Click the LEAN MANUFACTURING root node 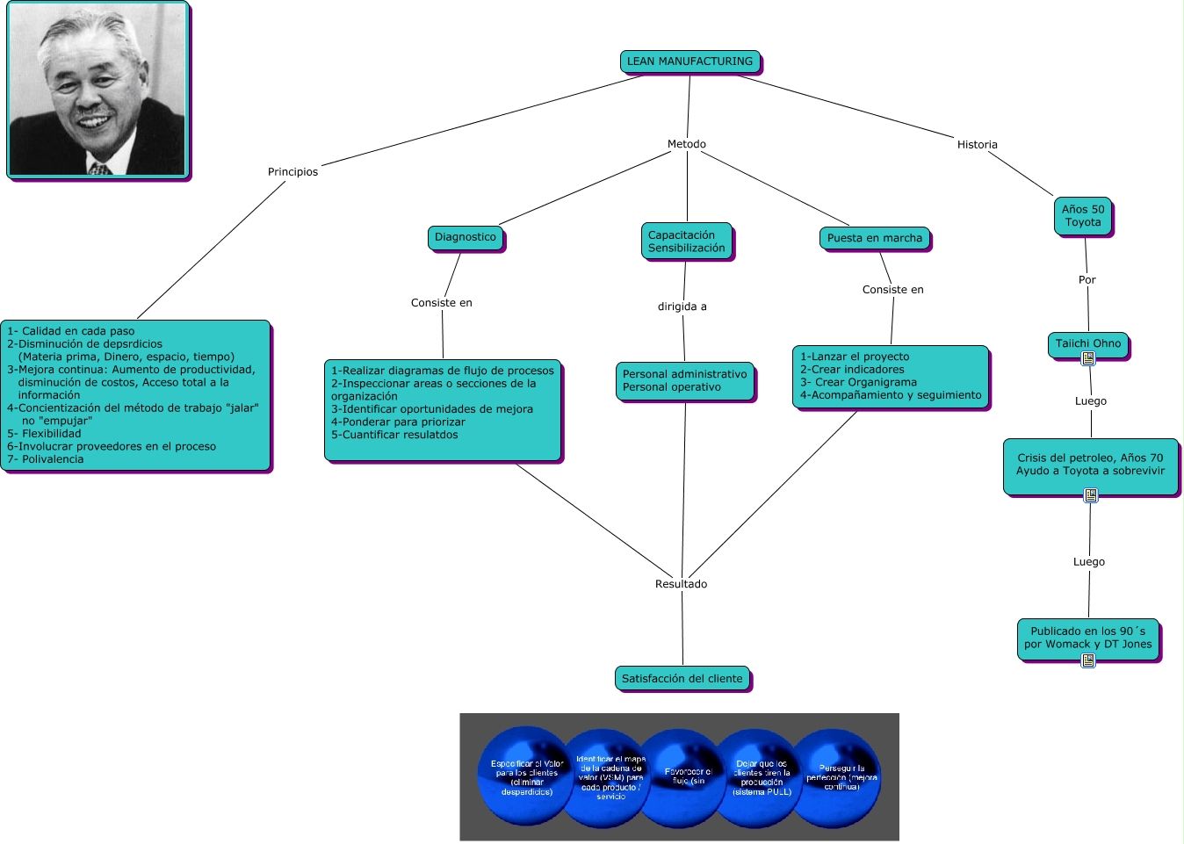689,61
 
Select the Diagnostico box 466,237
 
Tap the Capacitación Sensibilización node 687,242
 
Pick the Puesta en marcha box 875,238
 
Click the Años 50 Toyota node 1083,216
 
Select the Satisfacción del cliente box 682,679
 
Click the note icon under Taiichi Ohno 1088,358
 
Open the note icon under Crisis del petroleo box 1091,495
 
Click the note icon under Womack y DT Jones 1088,660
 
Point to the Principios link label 293,172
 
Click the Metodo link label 687,144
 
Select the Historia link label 978,145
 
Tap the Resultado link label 681,584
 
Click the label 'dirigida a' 682,307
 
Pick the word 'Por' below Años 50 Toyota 1087,280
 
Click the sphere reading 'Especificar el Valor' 526,775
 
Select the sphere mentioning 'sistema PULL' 762,778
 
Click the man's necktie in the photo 99,168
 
